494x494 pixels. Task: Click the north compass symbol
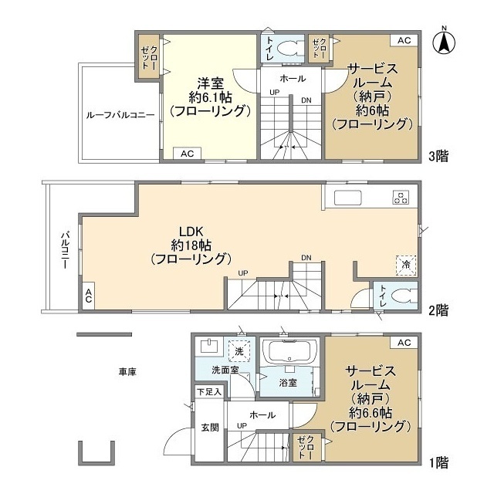[444, 42]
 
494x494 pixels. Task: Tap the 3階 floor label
[438, 156]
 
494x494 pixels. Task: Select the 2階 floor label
[438, 310]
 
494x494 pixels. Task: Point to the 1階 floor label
[439, 463]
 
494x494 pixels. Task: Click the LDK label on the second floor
[191, 232]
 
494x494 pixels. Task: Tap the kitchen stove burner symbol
[401, 198]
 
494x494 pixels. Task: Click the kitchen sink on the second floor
[348, 198]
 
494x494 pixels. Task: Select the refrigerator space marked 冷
[406, 266]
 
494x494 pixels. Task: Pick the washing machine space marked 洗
[239, 351]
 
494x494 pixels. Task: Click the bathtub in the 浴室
[289, 351]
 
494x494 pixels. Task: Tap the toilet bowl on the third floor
[286, 49]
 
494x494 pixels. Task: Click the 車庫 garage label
[127, 372]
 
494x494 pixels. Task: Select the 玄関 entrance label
[210, 428]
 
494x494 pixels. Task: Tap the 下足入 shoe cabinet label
[209, 392]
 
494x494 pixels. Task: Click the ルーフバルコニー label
[120, 115]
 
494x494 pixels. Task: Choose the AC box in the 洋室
[187, 154]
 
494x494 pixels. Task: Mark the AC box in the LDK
[89, 296]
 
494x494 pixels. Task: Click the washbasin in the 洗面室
[209, 346]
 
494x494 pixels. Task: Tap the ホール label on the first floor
[262, 415]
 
